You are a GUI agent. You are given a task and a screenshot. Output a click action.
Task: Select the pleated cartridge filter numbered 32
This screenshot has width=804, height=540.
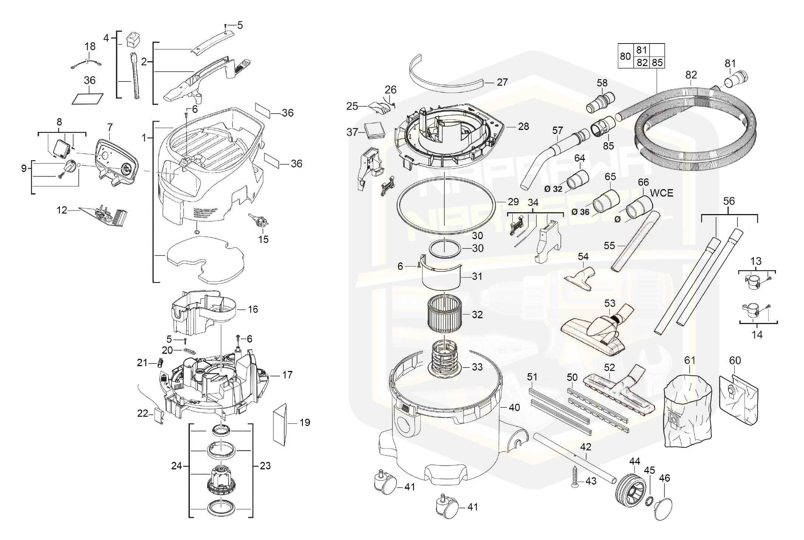[445, 314]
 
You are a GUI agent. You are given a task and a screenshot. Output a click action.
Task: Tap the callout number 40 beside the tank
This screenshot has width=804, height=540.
[514, 407]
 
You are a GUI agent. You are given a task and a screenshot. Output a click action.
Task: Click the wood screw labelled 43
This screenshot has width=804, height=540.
[575, 478]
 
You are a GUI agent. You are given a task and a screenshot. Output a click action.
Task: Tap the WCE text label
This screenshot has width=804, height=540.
[661, 193]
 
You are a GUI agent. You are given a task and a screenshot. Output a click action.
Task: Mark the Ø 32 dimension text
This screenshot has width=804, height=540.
[553, 189]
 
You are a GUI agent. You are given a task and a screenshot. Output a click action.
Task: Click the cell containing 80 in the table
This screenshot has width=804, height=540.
[625, 56]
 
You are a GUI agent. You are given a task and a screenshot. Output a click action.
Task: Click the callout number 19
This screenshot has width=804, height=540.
[305, 422]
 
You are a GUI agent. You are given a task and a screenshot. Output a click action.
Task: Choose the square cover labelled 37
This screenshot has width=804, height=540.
[374, 130]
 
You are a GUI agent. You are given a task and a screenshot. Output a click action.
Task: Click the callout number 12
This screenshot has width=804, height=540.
[62, 210]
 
